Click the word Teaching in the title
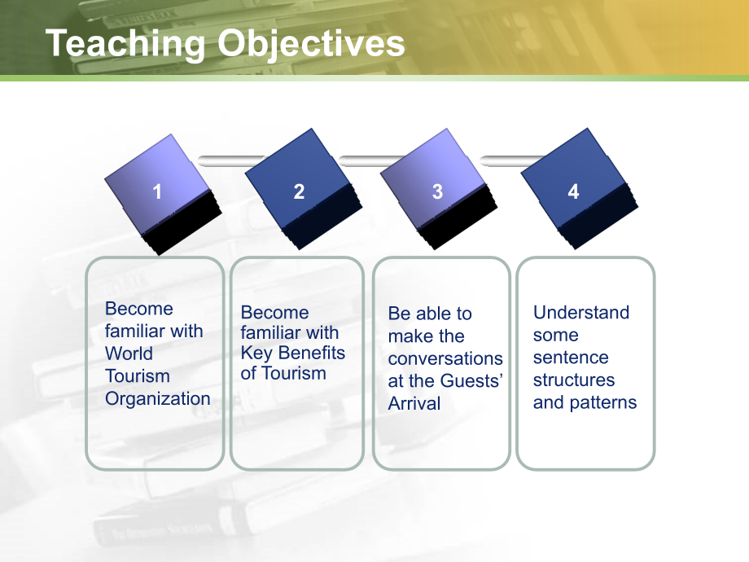(125, 44)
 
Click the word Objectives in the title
(311, 44)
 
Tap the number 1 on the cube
(156, 191)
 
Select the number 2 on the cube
(299, 191)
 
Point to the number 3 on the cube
(437, 191)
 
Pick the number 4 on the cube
(573, 191)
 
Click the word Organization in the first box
(158, 398)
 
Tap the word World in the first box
(129, 353)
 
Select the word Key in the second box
(256, 353)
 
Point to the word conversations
(445, 358)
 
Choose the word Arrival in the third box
(414, 403)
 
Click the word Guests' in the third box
(472, 381)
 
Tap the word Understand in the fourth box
(581, 313)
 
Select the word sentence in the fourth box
(571, 358)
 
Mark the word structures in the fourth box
(574, 380)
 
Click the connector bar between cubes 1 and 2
(232, 161)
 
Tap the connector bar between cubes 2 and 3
(371, 161)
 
